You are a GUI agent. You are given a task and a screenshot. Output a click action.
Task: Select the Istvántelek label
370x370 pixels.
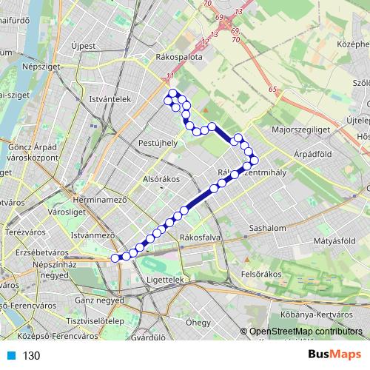point(110,98)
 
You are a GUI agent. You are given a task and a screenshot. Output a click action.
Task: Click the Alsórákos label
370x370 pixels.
point(141,178)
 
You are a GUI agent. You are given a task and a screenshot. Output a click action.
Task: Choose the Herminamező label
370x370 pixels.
point(101,201)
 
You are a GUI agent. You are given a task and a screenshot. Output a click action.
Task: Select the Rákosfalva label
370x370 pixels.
point(196,238)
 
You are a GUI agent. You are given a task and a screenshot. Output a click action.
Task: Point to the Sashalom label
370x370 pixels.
point(268,229)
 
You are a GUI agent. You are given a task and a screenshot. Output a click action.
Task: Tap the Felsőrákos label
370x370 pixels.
point(263,274)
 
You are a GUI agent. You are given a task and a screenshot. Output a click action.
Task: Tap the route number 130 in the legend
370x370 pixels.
point(31,356)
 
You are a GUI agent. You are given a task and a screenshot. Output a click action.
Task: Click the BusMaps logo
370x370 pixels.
point(335,354)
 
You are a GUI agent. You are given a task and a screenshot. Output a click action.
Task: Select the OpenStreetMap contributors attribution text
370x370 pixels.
point(306,332)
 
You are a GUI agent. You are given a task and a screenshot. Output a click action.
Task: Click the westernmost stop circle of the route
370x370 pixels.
point(115,258)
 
